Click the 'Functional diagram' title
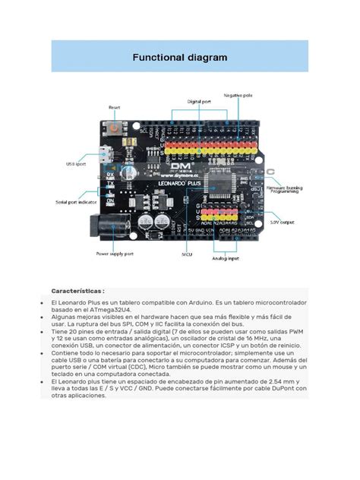(180, 57)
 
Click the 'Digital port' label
(200, 100)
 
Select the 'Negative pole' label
(238, 95)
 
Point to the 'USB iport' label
(76, 163)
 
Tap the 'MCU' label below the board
(185, 255)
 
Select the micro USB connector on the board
(110, 159)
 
